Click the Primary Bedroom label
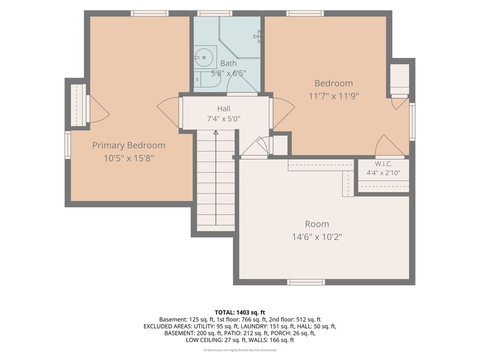[x=128, y=145]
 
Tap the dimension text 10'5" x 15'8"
[x=129, y=158]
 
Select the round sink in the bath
[x=204, y=58]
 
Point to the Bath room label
[x=228, y=63]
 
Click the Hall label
[x=224, y=109]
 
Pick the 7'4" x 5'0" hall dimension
[x=224, y=119]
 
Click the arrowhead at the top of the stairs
[x=216, y=132]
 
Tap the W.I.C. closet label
[x=383, y=164]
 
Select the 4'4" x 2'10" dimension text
[x=383, y=173]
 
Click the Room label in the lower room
[x=317, y=224]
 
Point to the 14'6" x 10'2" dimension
[x=317, y=237]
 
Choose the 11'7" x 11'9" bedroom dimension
[x=334, y=96]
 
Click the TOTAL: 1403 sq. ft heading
[x=240, y=312]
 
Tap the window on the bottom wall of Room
[x=306, y=282]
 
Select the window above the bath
[x=215, y=13]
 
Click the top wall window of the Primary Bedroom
[x=150, y=13]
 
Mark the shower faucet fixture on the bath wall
[x=257, y=36]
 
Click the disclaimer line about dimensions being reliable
[x=240, y=350]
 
